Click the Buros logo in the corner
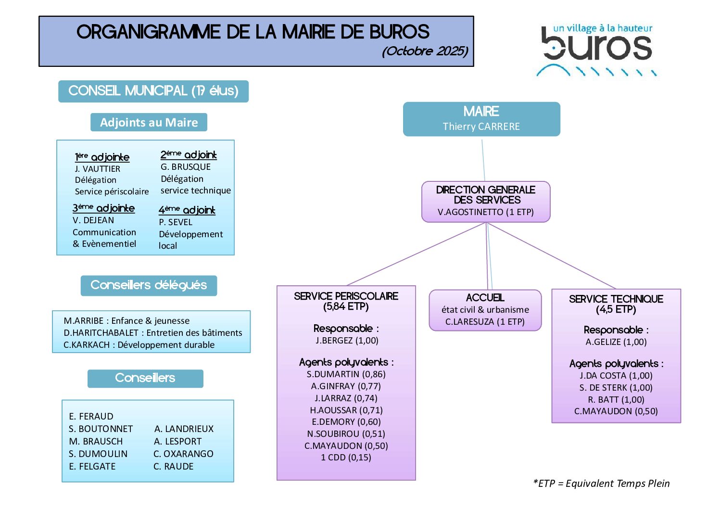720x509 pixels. (596, 49)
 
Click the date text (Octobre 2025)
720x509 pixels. (425, 51)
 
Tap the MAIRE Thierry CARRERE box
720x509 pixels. (481, 119)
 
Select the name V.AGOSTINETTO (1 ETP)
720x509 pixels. (485, 212)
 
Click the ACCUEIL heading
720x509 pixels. (485, 298)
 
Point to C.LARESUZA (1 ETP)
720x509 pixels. (485, 322)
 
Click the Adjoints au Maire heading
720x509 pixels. (149, 123)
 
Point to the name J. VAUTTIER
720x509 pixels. (98, 169)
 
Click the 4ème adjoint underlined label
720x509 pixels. (187, 210)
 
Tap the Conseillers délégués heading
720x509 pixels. (149, 285)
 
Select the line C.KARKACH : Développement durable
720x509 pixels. (139, 345)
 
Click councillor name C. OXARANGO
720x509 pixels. (183, 454)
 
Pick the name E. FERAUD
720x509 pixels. (91, 417)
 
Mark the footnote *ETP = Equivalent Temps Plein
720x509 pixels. (601, 484)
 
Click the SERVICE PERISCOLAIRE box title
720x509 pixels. (346, 296)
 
